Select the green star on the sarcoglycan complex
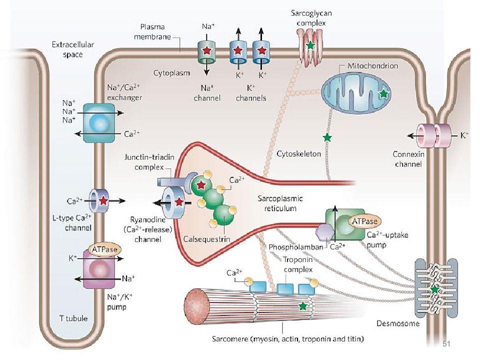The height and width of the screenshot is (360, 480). pyautogui.click(x=310, y=45)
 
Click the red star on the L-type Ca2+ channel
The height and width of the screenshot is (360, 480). pyautogui.click(x=104, y=200)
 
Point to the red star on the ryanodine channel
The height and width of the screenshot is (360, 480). pyautogui.click(x=179, y=201)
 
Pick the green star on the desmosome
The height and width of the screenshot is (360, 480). pyautogui.click(x=434, y=289)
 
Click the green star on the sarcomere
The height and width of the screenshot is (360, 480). pyautogui.click(x=303, y=305)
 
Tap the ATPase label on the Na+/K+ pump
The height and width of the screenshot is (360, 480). pyautogui.click(x=104, y=249)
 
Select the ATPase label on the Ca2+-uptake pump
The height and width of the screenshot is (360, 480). pyautogui.click(x=365, y=221)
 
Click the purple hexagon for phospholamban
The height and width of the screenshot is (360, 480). pyautogui.click(x=325, y=231)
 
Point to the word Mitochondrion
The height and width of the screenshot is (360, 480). pyautogui.click(x=372, y=66)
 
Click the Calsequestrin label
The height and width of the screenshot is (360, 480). pyautogui.click(x=206, y=239)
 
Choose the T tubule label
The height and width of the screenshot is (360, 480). pyautogui.click(x=73, y=318)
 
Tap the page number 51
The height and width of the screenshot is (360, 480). pyautogui.click(x=446, y=344)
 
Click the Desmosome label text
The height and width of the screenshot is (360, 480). pyautogui.click(x=398, y=323)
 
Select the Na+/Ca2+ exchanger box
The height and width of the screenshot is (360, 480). pyautogui.click(x=99, y=123)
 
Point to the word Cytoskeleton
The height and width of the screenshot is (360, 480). pyautogui.click(x=299, y=153)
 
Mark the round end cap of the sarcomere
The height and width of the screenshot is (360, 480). pyautogui.click(x=197, y=306)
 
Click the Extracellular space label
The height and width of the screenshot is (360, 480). pyautogui.click(x=73, y=49)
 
